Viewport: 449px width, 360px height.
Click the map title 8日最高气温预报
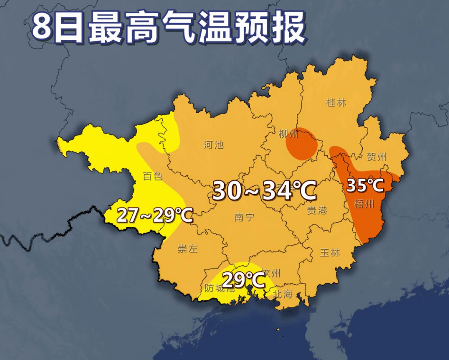pos(168,27)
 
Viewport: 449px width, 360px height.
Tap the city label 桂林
pos(336,102)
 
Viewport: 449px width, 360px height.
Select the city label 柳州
pos(289,134)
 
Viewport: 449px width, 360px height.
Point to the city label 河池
pos(213,144)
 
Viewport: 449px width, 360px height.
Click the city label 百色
pos(153,176)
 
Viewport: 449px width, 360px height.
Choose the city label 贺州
pos(377,157)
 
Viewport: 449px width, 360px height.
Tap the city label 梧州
pos(365,204)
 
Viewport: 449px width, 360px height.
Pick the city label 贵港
pos(317,210)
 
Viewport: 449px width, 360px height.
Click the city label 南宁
pos(245,217)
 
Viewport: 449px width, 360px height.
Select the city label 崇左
pos(187,249)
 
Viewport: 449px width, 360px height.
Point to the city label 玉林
pos(330,252)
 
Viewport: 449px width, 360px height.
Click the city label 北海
pos(283,294)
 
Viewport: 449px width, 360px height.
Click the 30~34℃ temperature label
pos(264,190)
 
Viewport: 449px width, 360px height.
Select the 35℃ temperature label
pos(365,185)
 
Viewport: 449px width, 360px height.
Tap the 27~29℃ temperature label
pos(155,216)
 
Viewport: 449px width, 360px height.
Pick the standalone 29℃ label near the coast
pos(244,280)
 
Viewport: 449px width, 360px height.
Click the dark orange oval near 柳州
pos(302,144)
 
